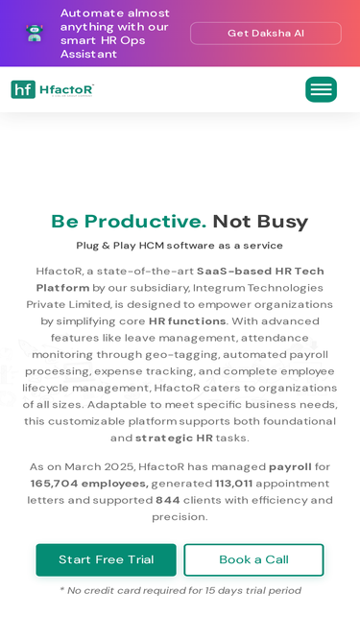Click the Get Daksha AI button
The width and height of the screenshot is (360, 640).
[266, 34]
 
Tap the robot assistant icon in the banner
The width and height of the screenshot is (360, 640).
[35, 34]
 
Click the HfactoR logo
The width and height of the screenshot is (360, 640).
[53, 90]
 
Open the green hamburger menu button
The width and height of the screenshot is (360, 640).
[321, 90]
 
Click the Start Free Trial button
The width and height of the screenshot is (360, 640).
[106, 559]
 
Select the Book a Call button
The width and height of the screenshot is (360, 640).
[253, 559]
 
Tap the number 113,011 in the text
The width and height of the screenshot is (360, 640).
[233, 484]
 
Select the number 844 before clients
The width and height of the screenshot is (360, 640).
[168, 500]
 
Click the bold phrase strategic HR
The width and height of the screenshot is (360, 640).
[178, 439]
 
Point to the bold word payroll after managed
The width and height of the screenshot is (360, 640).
[290, 466]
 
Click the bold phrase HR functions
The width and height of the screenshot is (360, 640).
[187, 321]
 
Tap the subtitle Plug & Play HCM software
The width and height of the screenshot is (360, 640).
[180, 246]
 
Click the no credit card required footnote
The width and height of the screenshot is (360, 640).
[180, 591]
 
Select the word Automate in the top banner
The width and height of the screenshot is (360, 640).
[87, 13]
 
